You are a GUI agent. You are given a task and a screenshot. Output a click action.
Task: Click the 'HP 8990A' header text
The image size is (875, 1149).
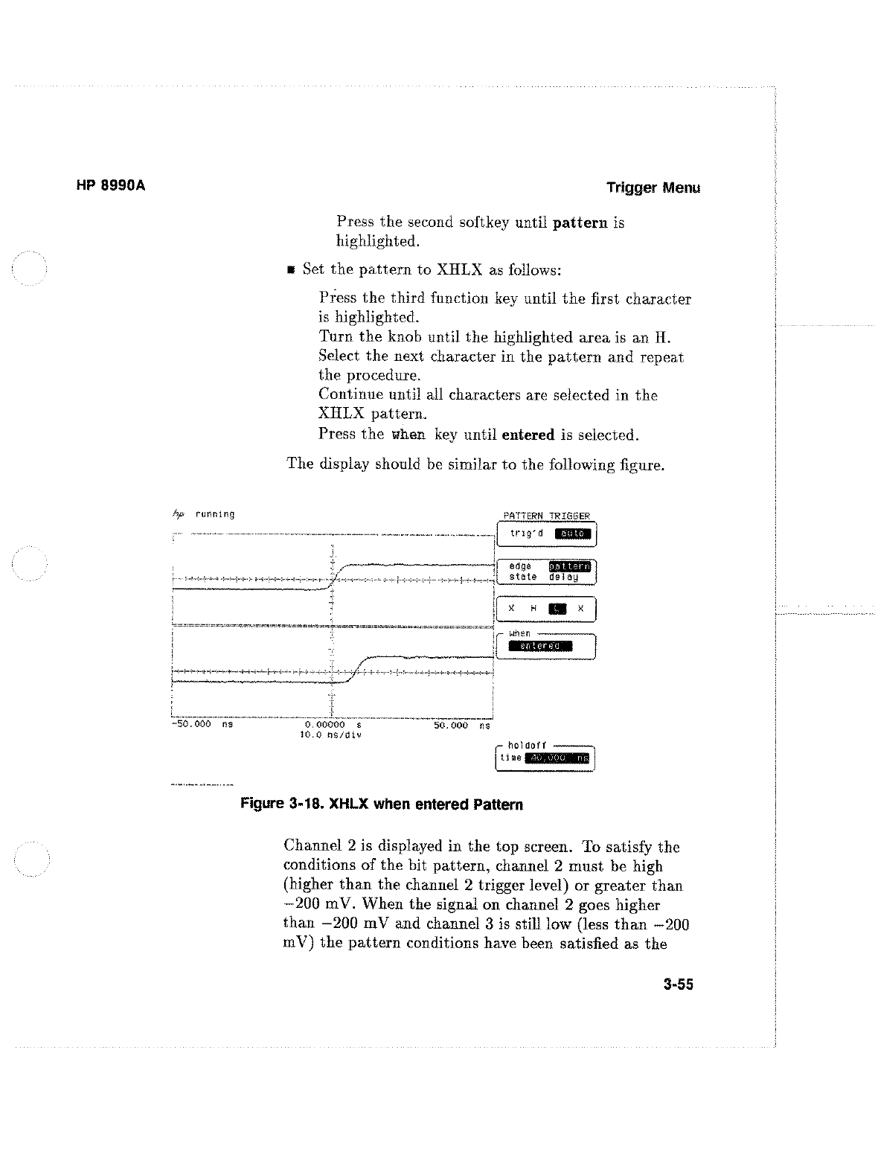click(x=111, y=186)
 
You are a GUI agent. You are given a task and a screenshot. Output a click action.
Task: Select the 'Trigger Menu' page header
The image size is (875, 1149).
click(x=653, y=188)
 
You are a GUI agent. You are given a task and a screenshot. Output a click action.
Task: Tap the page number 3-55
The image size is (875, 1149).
click(x=678, y=985)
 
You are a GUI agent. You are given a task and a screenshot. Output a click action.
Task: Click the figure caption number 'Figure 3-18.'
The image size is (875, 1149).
click(x=282, y=804)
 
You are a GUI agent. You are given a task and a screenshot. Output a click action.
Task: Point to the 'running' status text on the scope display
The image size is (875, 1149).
click(x=214, y=514)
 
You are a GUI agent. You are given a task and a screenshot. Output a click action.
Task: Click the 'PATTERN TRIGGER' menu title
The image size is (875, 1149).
click(x=546, y=516)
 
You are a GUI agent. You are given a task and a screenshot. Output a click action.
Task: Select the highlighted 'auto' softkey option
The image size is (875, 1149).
click(x=573, y=534)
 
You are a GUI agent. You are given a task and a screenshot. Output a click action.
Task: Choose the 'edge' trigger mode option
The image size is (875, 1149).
click(x=521, y=566)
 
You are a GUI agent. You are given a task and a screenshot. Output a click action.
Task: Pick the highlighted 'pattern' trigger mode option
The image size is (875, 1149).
click(x=569, y=566)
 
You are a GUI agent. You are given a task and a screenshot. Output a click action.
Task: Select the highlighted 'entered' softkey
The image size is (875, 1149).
click(x=540, y=646)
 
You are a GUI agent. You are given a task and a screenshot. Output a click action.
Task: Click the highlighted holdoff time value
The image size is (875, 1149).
click(x=557, y=758)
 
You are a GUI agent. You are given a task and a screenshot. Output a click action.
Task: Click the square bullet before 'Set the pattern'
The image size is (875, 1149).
click(x=292, y=270)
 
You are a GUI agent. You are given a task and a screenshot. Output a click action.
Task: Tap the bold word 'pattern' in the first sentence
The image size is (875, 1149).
click(x=580, y=223)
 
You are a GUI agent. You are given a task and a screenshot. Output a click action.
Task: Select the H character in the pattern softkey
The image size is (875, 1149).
click(x=533, y=609)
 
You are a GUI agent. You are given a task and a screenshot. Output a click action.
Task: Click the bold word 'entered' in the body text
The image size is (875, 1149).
click(x=528, y=435)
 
